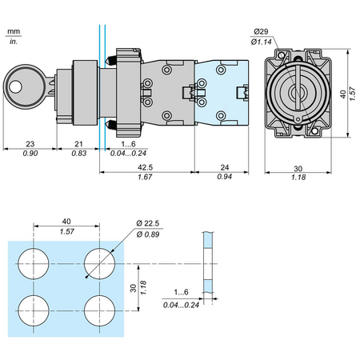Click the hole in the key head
[15, 86]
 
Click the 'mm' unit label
[14, 31]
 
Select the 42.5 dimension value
[145, 167]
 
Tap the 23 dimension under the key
[30, 144]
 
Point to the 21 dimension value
[78, 144]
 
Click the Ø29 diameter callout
[261, 32]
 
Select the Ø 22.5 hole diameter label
[148, 223]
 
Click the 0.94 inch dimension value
[225, 177]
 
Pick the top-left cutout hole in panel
[34, 264]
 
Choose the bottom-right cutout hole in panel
[99, 310]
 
